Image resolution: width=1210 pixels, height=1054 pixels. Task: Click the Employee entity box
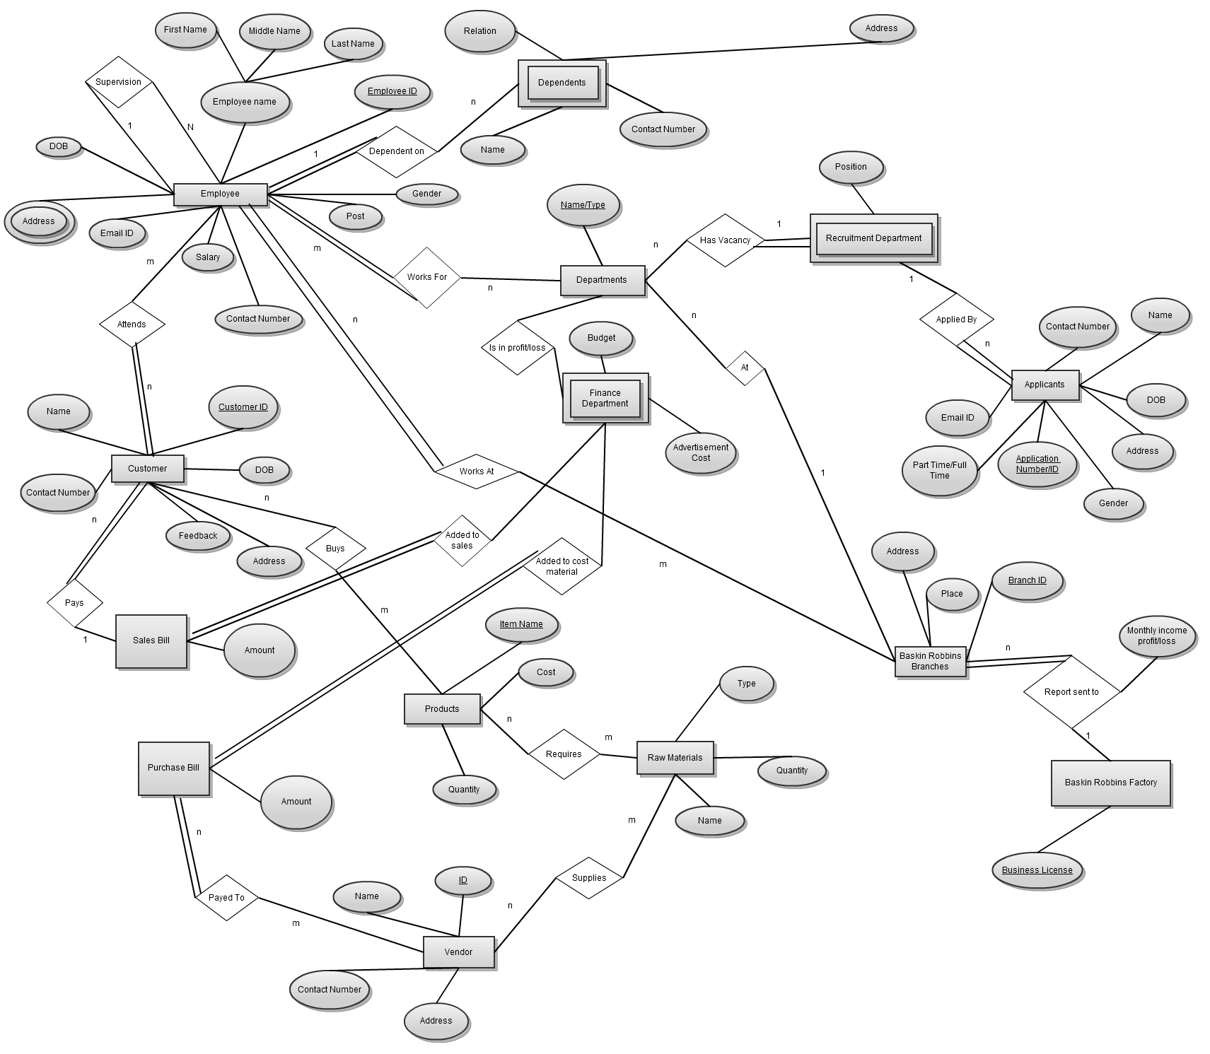point(220,194)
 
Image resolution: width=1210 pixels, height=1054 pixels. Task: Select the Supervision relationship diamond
point(119,82)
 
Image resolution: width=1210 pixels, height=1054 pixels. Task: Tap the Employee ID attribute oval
point(392,91)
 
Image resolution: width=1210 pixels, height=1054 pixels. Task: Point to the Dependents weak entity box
point(562,83)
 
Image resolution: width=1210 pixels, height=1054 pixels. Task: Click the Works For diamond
point(427,277)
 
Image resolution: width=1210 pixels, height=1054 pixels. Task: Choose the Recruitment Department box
point(873,238)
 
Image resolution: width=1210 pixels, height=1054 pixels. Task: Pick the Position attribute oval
point(851,167)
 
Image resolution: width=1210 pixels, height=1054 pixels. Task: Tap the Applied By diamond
point(956,320)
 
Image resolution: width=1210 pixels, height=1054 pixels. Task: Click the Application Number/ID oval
point(1037,464)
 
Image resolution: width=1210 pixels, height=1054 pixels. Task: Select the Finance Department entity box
point(605,398)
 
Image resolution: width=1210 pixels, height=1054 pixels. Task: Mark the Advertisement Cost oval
point(701,452)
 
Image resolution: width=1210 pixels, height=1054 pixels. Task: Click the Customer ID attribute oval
point(243,407)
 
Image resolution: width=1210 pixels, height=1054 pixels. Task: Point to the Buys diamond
point(335,549)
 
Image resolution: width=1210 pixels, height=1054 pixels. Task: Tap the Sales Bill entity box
point(151,640)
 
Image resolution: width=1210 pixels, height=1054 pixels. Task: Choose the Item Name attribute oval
point(521,624)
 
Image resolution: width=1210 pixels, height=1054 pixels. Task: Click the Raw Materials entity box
point(675,758)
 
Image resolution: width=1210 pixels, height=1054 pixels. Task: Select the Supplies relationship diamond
point(589,878)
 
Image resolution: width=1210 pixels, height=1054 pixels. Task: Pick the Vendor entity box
point(458,952)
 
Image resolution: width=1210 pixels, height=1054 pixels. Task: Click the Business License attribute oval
point(1037,870)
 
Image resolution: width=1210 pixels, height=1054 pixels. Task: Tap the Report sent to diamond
point(1071,692)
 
